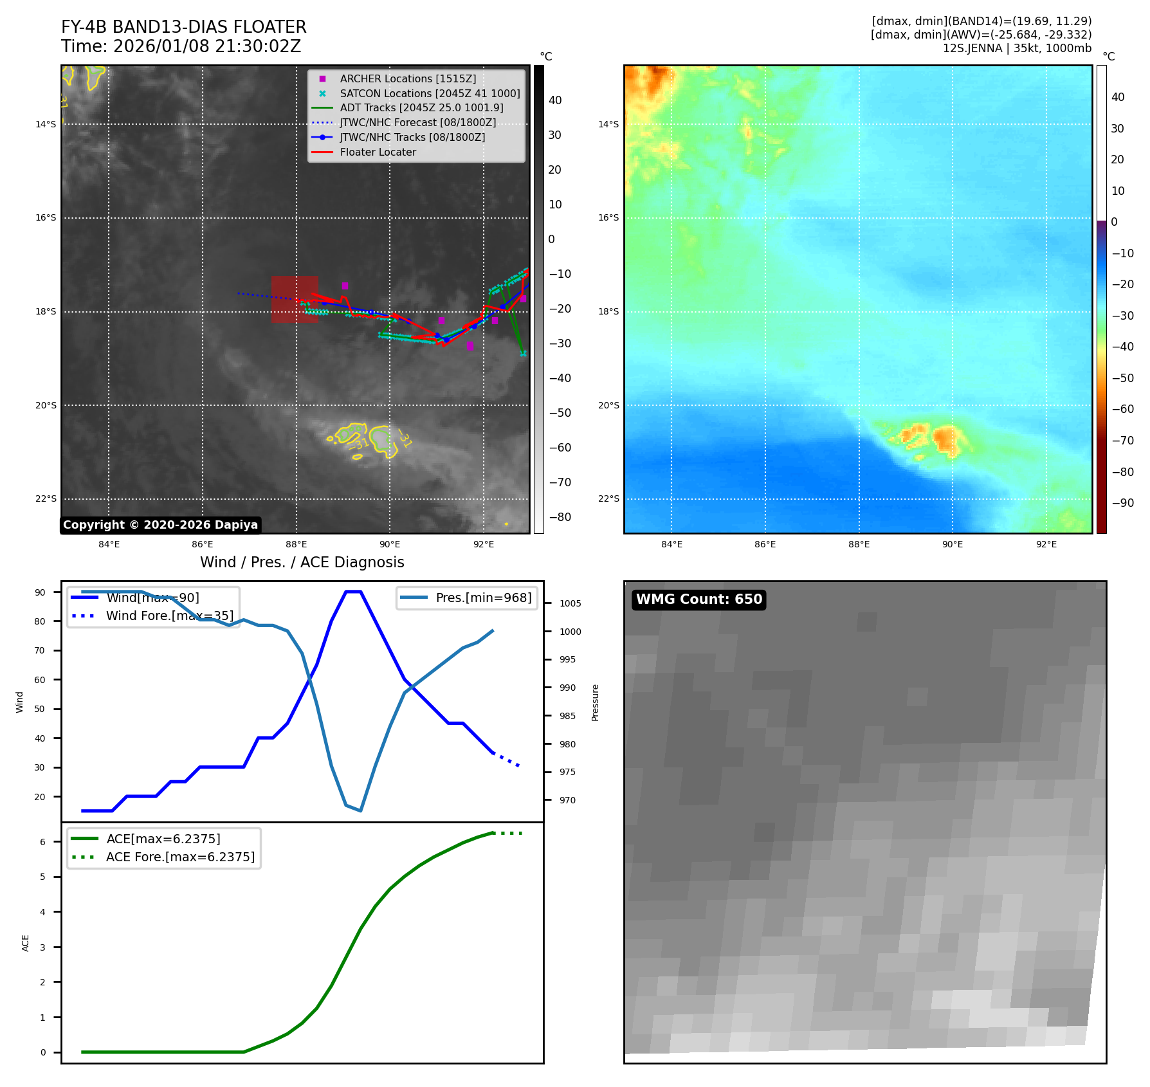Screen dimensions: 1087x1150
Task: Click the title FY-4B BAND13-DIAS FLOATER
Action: [x=183, y=27]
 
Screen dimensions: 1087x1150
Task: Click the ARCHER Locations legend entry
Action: [x=408, y=78]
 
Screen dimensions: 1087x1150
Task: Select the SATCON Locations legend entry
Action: [x=430, y=93]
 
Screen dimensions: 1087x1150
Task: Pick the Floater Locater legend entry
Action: [x=378, y=152]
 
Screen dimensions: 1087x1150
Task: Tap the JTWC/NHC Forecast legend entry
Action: [x=417, y=122]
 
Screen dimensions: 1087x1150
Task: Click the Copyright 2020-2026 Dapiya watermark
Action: [x=160, y=525]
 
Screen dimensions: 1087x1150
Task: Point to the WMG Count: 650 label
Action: [x=698, y=599]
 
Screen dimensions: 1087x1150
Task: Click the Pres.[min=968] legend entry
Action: [x=483, y=598]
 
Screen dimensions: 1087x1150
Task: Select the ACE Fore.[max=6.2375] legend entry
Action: [x=180, y=857]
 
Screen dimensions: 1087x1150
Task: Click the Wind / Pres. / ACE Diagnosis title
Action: [x=302, y=562]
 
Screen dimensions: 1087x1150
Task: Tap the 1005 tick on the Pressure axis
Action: [x=570, y=603]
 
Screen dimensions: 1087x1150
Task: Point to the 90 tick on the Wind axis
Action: [x=41, y=592]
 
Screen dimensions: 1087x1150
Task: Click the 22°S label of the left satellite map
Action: [x=46, y=498]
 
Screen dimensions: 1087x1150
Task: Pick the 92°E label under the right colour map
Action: [x=1046, y=544]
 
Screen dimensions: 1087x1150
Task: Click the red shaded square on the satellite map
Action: [x=295, y=299]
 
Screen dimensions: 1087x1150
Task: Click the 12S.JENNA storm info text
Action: [x=1017, y=48]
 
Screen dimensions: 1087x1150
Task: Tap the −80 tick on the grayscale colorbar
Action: [x=560, y=517]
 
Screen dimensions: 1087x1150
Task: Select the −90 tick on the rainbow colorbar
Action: [x=1122, y=503]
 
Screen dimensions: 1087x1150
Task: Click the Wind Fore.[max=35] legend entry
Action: [x=169, y=616]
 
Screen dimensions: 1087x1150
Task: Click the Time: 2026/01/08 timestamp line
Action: [x=181, y=46]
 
